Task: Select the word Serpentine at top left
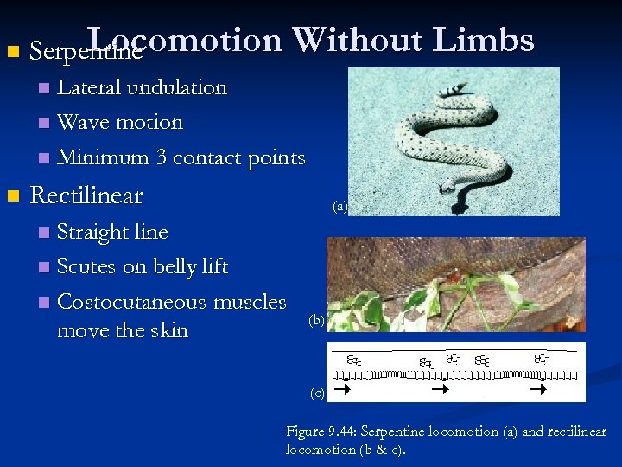pos(85,52)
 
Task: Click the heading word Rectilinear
pos(86,195)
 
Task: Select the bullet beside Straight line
pos(44,233)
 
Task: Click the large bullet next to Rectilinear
pos(11,196)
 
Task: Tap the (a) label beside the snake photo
pos(340,207)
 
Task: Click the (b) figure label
pos(316,321)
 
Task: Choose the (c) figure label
pos(317,393)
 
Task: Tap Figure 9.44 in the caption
pos(316,432)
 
